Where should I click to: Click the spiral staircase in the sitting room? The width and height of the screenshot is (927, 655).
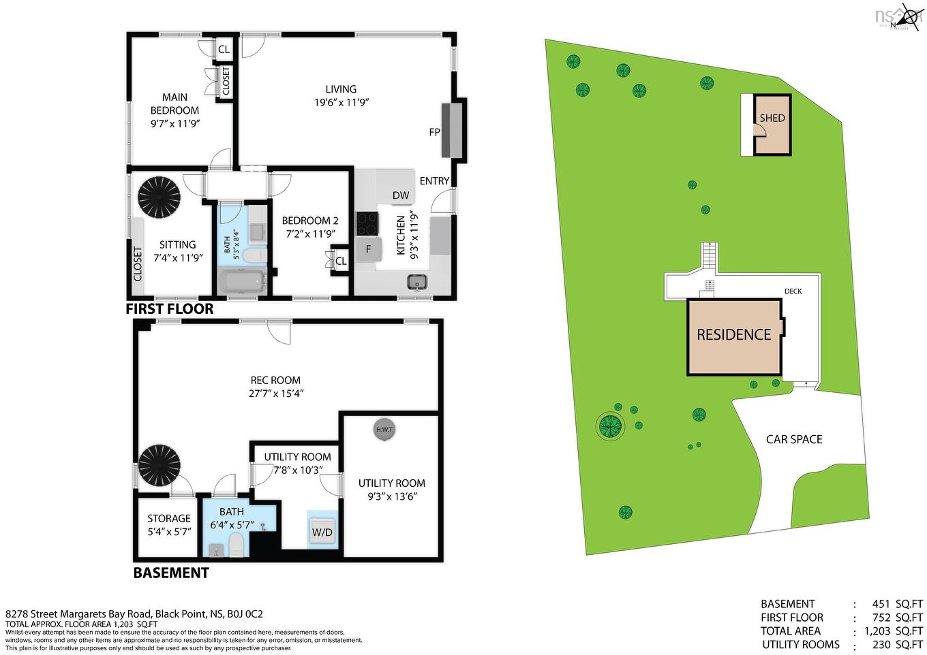click(160, 196)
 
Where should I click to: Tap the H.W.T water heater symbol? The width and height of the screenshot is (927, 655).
click(384, 430)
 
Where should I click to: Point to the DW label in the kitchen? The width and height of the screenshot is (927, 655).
click(401, 195)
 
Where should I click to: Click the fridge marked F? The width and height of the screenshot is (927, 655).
click(368, 249)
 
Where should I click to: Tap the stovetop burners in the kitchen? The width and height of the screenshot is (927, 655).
click(367, 223)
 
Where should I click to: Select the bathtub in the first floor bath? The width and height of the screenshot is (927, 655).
click(242, 281)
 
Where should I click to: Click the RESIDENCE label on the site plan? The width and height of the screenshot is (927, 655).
click(733, 335)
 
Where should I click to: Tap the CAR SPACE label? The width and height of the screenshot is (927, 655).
click(794, 439)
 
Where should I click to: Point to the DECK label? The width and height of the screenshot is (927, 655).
click(793, 291)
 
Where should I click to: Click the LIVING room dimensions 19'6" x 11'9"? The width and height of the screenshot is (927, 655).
click(341, 103)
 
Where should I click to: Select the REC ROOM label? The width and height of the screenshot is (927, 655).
click(275, 380)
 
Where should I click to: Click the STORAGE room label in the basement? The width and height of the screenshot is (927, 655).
click(169, 518)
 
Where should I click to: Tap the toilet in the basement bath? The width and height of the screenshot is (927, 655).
click(235, 545)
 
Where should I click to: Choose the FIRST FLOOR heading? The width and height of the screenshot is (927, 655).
click(170, 309)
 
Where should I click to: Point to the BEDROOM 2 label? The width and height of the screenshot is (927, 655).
click(310, 221)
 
